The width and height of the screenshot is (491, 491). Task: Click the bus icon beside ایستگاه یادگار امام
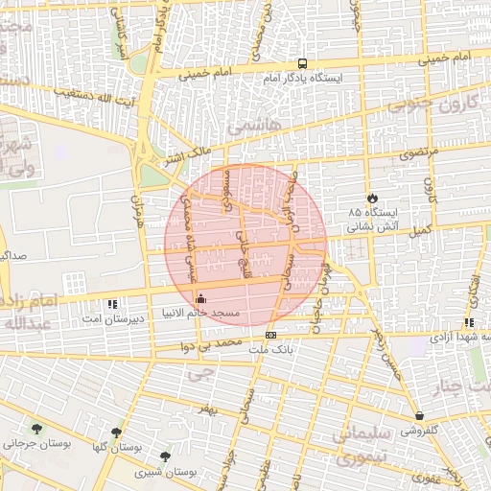(303, 59)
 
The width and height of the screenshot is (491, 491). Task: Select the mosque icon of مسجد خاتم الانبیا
(199, 298)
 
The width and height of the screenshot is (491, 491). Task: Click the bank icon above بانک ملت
(270, 335)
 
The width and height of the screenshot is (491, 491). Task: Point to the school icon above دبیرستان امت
(113, 303)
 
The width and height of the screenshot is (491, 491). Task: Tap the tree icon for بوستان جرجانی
(36, 429)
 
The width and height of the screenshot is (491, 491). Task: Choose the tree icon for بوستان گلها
(116, 433)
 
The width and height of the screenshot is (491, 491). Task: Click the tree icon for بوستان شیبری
(167, 457)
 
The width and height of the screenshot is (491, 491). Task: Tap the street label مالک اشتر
(185, 156)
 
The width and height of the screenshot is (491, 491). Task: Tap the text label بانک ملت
(269, 349)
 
